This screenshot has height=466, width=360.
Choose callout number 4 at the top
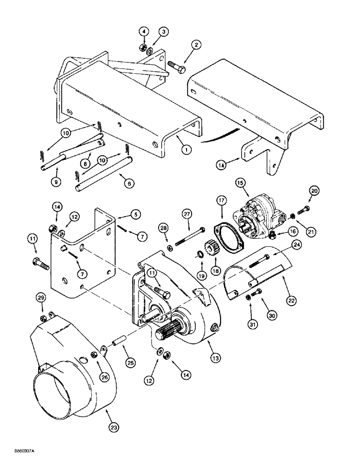[144, 31]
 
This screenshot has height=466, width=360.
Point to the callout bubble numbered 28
[164, 227]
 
